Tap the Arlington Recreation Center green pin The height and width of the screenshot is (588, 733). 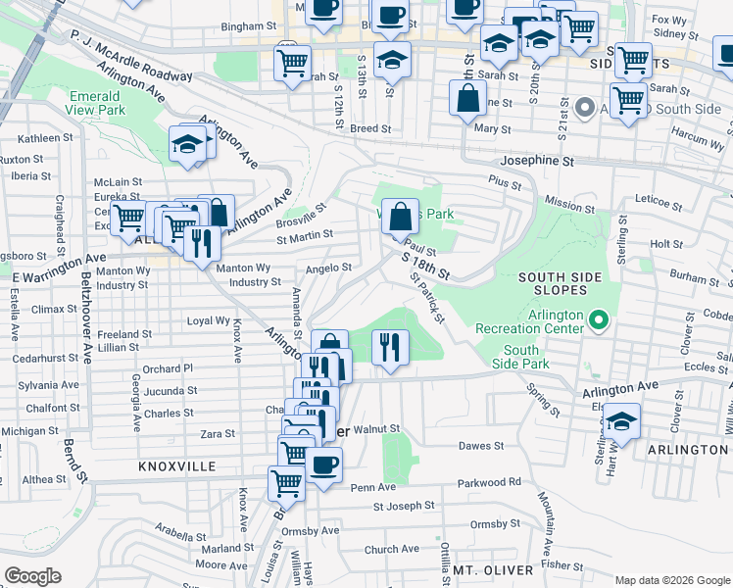(x=598, y=319)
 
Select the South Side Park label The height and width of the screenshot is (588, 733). (x=521, y=358)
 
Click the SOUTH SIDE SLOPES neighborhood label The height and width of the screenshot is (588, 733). (x=560, y=283)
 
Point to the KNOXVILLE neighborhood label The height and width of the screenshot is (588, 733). (x=176, y=467)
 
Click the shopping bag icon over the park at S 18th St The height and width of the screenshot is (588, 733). (x=400, y=215)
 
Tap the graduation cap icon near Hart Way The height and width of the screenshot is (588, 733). (x=619, y=421)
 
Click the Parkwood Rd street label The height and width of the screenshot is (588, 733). (x=490, y=482)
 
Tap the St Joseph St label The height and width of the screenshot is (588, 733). (x=404, y=506)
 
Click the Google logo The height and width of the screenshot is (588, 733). (x=32, y=576)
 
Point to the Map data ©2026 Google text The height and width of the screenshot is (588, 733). (x=671, y=579)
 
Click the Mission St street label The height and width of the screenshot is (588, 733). (x=563, y=205)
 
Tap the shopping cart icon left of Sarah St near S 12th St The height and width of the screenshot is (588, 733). (x=292, y=63)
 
